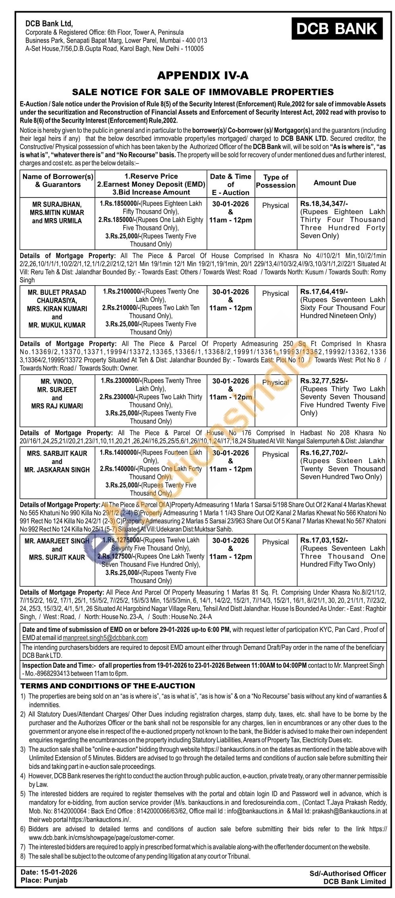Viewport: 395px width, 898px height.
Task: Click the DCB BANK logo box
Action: tap(337, 29)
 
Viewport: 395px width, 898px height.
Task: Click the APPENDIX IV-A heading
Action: tap(203, 75)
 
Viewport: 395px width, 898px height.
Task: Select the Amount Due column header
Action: tap(335, 183)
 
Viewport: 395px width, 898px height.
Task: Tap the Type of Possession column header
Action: tap(276, 181)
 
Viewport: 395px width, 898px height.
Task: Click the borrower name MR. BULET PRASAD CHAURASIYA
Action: tap(57, 296)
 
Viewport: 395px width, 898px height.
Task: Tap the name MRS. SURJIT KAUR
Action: tap(57, 557)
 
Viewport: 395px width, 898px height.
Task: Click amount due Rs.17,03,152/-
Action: tap(324, 540)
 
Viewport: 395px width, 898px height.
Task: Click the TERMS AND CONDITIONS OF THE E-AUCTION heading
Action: tap(108, 686)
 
